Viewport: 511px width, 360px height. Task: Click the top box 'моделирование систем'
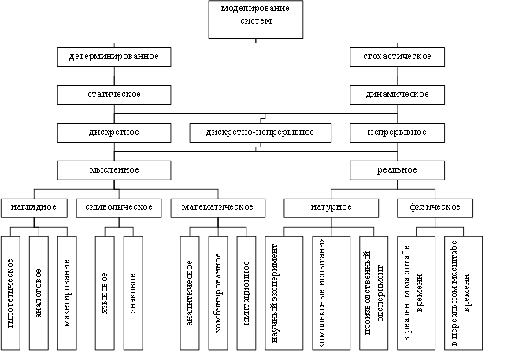[256, 19]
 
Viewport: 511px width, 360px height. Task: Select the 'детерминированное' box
[114, 58]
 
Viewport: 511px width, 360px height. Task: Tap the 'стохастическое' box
[397, 58]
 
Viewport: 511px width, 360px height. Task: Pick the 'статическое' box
[114, 95]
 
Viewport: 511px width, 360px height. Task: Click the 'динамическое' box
[397, 95]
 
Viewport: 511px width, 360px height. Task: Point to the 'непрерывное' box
[397, 132]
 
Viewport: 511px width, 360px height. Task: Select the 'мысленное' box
[114, 169]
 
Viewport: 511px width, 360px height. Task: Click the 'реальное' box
[397, 169]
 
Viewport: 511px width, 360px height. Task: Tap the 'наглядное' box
[33, 206]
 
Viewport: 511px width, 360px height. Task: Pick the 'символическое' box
[119, 206]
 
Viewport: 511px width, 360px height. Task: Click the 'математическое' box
[217, 206]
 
